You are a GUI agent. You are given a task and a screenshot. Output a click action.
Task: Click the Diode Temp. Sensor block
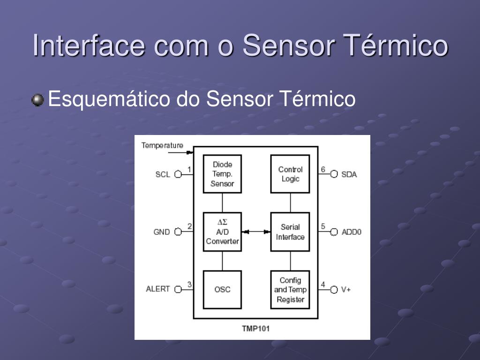(x=222, y=174)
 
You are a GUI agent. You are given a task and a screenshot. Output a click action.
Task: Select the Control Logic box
(x=290, y=174)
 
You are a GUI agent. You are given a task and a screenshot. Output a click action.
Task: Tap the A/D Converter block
(x=222, y=232)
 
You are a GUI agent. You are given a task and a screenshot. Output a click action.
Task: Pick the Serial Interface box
(x=290, y=232)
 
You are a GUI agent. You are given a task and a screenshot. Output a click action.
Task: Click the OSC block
(x=222, y=289)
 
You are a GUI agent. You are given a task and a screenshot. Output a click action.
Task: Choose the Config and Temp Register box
(x=290, y=289)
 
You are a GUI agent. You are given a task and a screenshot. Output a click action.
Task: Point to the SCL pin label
(x=163, y=174)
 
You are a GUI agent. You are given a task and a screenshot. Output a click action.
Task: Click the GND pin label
(x=162, y=232)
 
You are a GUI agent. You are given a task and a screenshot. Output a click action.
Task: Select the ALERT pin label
(x=158, y=289)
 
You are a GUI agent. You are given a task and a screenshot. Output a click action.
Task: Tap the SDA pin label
(x=349, y=174)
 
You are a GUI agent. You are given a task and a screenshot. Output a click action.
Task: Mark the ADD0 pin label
(x=352, y=232)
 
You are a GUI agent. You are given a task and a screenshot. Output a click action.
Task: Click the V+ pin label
(x=346, y=290)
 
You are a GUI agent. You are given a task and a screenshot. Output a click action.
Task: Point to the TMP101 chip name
(x=255, y=329)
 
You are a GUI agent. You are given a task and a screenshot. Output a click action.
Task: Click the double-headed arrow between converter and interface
(x=256, y=232)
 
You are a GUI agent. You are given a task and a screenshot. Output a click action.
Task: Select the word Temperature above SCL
(x=162, y=145)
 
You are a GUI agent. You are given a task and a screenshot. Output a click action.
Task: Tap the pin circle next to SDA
(x=334, y=174)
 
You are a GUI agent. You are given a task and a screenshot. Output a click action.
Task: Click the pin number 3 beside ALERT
(x=189, y=284)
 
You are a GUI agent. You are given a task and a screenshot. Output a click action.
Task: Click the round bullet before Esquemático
(x=38, y=100)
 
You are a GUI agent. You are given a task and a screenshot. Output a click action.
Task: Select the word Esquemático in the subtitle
(x=110, y=99)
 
